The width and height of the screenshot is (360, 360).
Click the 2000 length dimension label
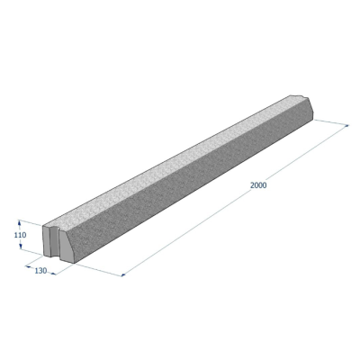pyautogui.click(x=258, y=185)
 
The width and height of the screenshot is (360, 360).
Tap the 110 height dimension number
pyautogui.click(x=21, y=235)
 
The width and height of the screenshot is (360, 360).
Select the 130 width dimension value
pyautogui.click(x=40, y=271)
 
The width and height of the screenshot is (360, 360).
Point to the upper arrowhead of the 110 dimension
pyautogui.click(x=20, y=222)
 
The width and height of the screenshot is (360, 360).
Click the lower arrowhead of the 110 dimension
pyautogui.click(x=21, y=247)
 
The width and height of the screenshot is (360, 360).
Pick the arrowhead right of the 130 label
pyautogui.click(x=53, y=274)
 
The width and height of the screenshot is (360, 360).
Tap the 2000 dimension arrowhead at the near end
pyautogui.click(x=124, y=274)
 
